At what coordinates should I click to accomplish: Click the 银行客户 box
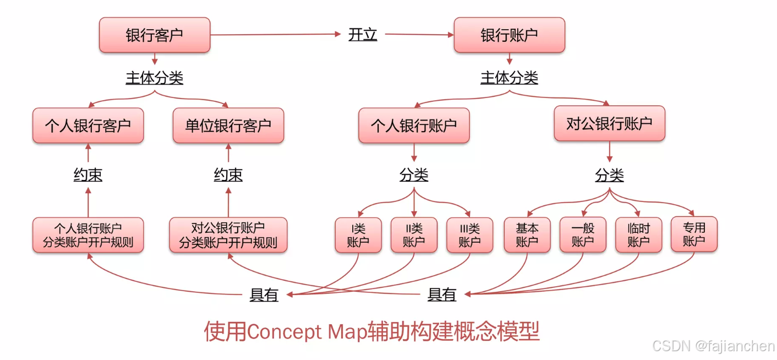pyautogui.click(x=155, y=35)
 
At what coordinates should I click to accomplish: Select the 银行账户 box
pyautogui.click(x=509, y=35)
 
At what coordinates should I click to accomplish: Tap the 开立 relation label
pyautogui.click(x=363, y=35)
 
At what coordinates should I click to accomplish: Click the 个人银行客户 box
pyautogui.click(x=88, y=126)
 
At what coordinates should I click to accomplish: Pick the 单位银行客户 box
pyautogui.click(x=228, y=126)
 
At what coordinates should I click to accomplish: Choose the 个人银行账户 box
pyautogui.click(x=414, y=126)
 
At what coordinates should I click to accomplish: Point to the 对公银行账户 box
pyautogui.click(x=609, y=123)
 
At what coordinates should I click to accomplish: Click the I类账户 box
pyautogui.click(x=358, y=235)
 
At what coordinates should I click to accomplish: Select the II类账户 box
pyautogui.click(x=414, y=235)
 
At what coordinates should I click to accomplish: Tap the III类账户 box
pyautogui.click(x=469, y=235)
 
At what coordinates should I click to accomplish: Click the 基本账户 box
pyautogui.click(x=527, y=235)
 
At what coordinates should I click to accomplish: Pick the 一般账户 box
pyautogui.click(x=583, y=235)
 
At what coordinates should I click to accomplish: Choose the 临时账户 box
pyautogui.click(x=638, y=235)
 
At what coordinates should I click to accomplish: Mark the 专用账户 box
pyautogui.click(x=694, y=234)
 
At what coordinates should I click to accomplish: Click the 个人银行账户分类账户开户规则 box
pyautogui.click(x=88, y=235)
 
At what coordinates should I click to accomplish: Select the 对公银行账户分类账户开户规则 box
pyautogui.click(x=228, y=235)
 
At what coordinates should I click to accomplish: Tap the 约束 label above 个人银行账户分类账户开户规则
pyautogui.click(x=88, y=175)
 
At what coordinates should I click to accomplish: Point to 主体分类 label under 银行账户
pyautogui.click(x=509, y=78)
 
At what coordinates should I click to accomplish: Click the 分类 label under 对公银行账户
pyautogui.click(x=609, y=176)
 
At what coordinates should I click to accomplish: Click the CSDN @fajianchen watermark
pyautogui.click(x=713, y=346)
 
